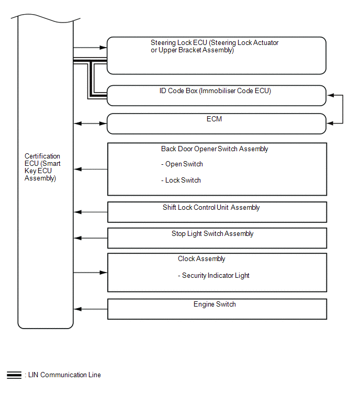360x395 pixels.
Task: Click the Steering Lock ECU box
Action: pos(217,55)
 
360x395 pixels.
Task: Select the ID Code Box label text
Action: pos(215,91)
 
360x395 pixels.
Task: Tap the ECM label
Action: pos(214,119)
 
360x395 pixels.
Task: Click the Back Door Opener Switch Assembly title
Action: pos(215,149)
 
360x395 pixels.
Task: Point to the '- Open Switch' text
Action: pos(182,164)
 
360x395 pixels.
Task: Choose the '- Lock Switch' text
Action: pos(181,180)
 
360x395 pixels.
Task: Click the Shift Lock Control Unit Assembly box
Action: pos(217,212)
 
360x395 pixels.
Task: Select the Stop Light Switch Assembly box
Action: pos(217,238)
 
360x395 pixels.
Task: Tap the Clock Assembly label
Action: pos(201,259)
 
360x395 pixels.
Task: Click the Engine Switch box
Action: pos(217,309)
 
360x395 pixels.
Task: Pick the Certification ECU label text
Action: pos(42,167)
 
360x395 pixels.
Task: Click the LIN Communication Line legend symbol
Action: pos(14,375)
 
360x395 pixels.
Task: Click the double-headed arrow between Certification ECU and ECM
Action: pos(91,124)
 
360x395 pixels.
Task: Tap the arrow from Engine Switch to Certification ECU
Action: pos(91,309)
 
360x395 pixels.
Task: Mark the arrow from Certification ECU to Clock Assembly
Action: pos(91,273)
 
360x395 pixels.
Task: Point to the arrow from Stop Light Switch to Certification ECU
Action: pos(91,238)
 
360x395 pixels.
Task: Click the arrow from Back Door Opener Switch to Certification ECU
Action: pos(91,169)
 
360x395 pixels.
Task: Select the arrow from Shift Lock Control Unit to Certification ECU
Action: pos(91,212)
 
